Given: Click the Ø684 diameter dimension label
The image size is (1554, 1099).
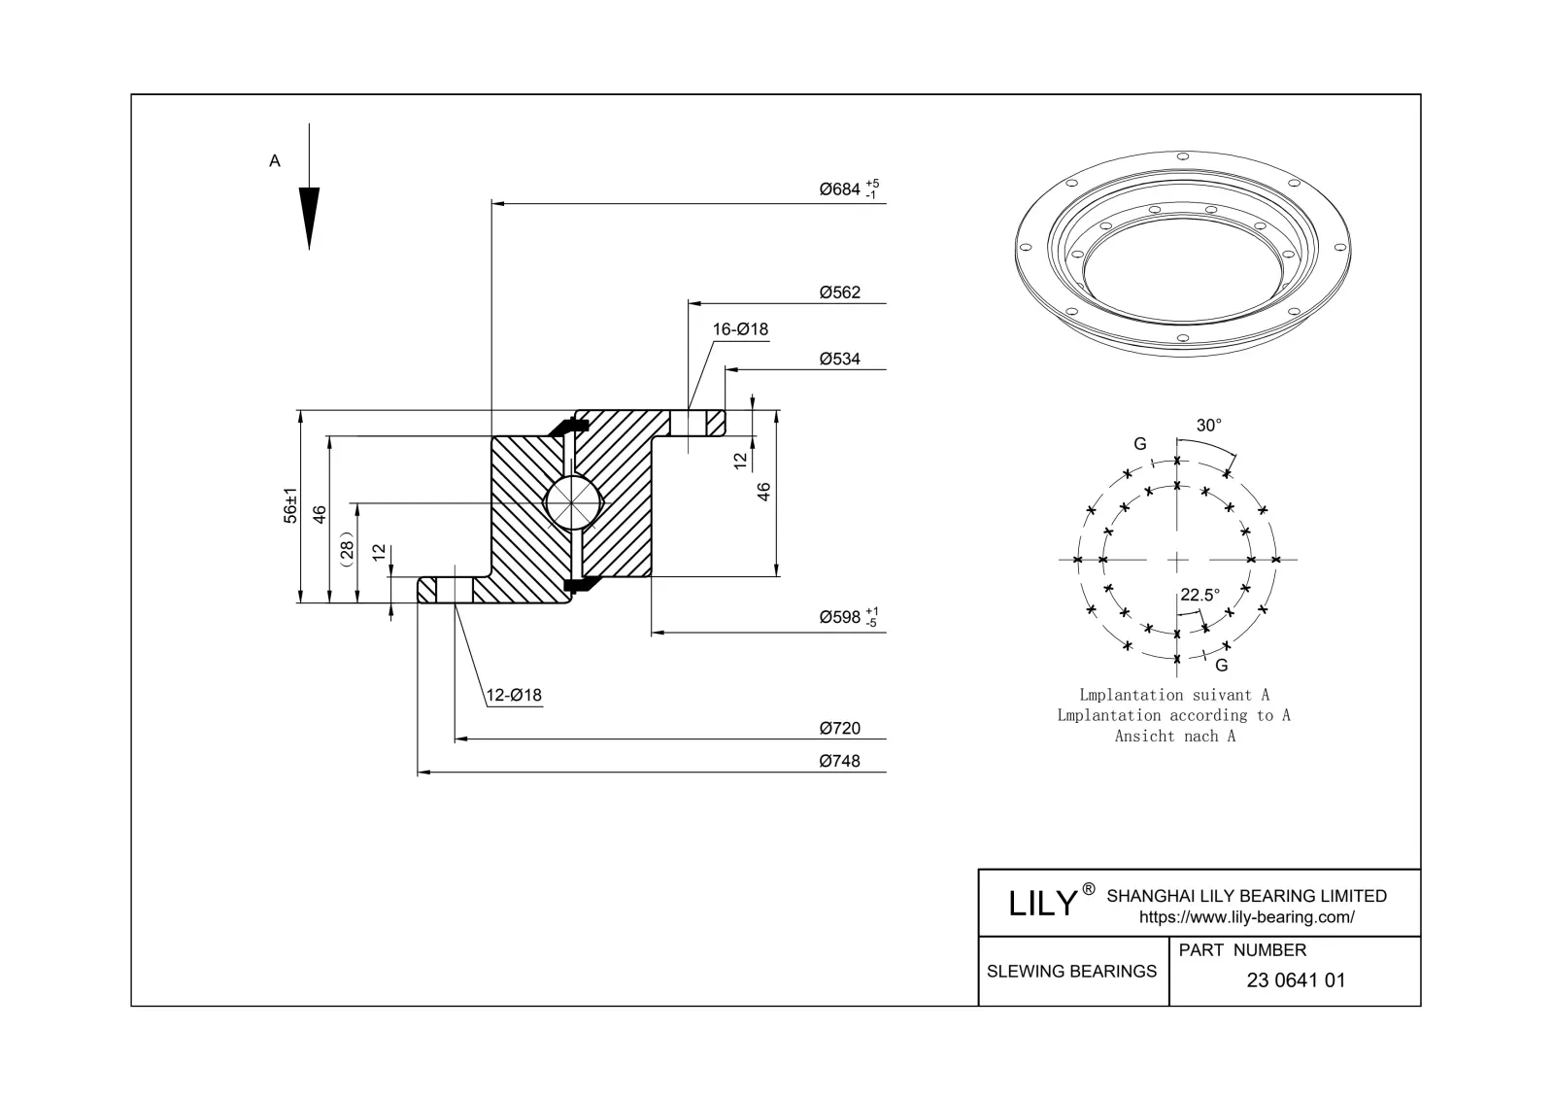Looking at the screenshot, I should tap(841, 189).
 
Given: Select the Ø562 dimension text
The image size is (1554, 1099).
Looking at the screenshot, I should tap(839, 292).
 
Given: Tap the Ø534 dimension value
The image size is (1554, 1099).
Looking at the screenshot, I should tap(839, 360).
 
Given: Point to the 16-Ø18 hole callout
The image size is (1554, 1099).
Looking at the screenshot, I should tap(740, 329).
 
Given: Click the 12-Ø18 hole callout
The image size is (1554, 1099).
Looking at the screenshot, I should tap(514, 696).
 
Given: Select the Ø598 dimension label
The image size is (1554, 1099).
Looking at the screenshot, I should tap(841, 617).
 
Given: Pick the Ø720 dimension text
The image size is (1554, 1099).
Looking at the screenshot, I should tap(839, 729).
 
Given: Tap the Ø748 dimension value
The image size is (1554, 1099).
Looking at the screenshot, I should tap(839, 762).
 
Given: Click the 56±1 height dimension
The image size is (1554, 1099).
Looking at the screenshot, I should tap(289, 506).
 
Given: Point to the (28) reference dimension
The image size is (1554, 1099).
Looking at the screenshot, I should tap(348, 547).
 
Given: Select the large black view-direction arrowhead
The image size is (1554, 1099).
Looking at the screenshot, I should tap(309, 216).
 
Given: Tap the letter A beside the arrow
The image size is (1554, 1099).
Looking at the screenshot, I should tap(275, 161).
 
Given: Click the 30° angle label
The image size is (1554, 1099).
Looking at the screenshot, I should tap(1208, 426).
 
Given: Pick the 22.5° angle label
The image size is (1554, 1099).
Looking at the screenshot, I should tap(1199, 596).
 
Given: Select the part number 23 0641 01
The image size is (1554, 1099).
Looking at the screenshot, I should tap(1296, 980).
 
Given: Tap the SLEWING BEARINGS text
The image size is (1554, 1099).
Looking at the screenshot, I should tap(1071, 972).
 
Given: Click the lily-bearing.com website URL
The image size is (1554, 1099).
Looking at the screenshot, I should tap(1246, 917).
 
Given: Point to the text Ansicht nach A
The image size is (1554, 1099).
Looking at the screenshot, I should tap(1174, 737).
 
